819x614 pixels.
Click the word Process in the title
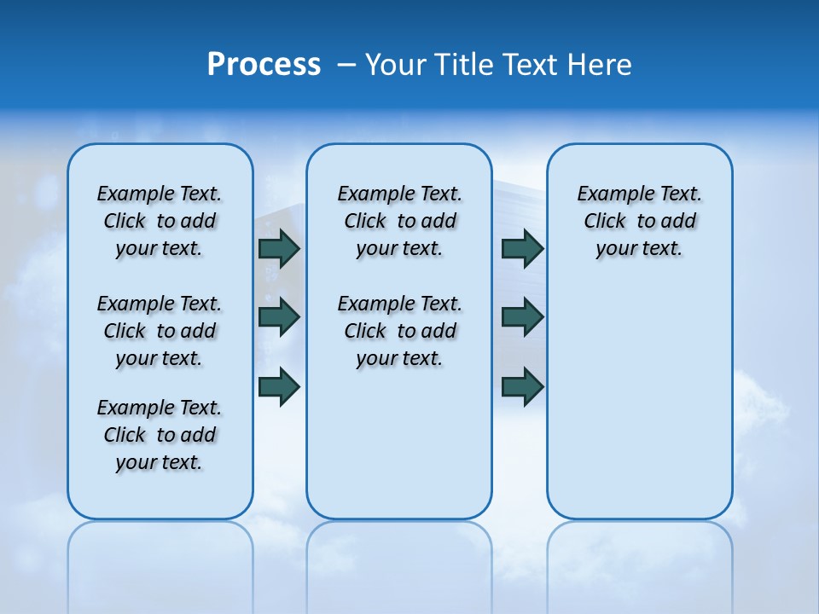[264, 65]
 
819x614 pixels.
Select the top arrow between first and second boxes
[279, 248]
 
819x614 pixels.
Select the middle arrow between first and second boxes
[279, 317]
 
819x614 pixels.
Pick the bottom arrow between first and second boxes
[279, 386]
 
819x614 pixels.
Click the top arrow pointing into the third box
[522, 248]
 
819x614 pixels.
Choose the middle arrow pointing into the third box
[522, 317]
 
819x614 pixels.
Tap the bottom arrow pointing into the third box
[522, 386]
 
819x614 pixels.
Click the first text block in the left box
[160, 221]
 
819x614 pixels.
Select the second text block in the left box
[160, 331]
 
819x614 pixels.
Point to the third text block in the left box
[160, 435]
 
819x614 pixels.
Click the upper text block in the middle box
[399, 221]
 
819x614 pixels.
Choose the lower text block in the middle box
[399, 331]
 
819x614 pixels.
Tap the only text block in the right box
[639, 221]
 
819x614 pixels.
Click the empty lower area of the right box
[639, 401]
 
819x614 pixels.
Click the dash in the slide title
[346, 65]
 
